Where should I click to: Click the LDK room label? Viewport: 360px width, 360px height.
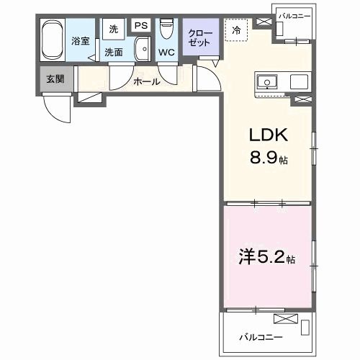269,135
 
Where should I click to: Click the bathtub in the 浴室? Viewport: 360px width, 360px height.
52,40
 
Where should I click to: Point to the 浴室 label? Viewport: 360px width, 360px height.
81,41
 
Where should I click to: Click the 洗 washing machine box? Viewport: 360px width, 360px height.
113,30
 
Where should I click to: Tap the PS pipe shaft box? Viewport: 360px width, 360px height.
140,26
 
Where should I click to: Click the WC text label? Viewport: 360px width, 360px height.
166,53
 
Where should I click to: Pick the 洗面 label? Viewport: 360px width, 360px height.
113,53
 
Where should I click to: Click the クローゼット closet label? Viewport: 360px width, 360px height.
196,37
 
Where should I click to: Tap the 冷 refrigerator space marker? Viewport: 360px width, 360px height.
237,30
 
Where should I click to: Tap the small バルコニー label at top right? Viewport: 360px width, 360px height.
296,14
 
